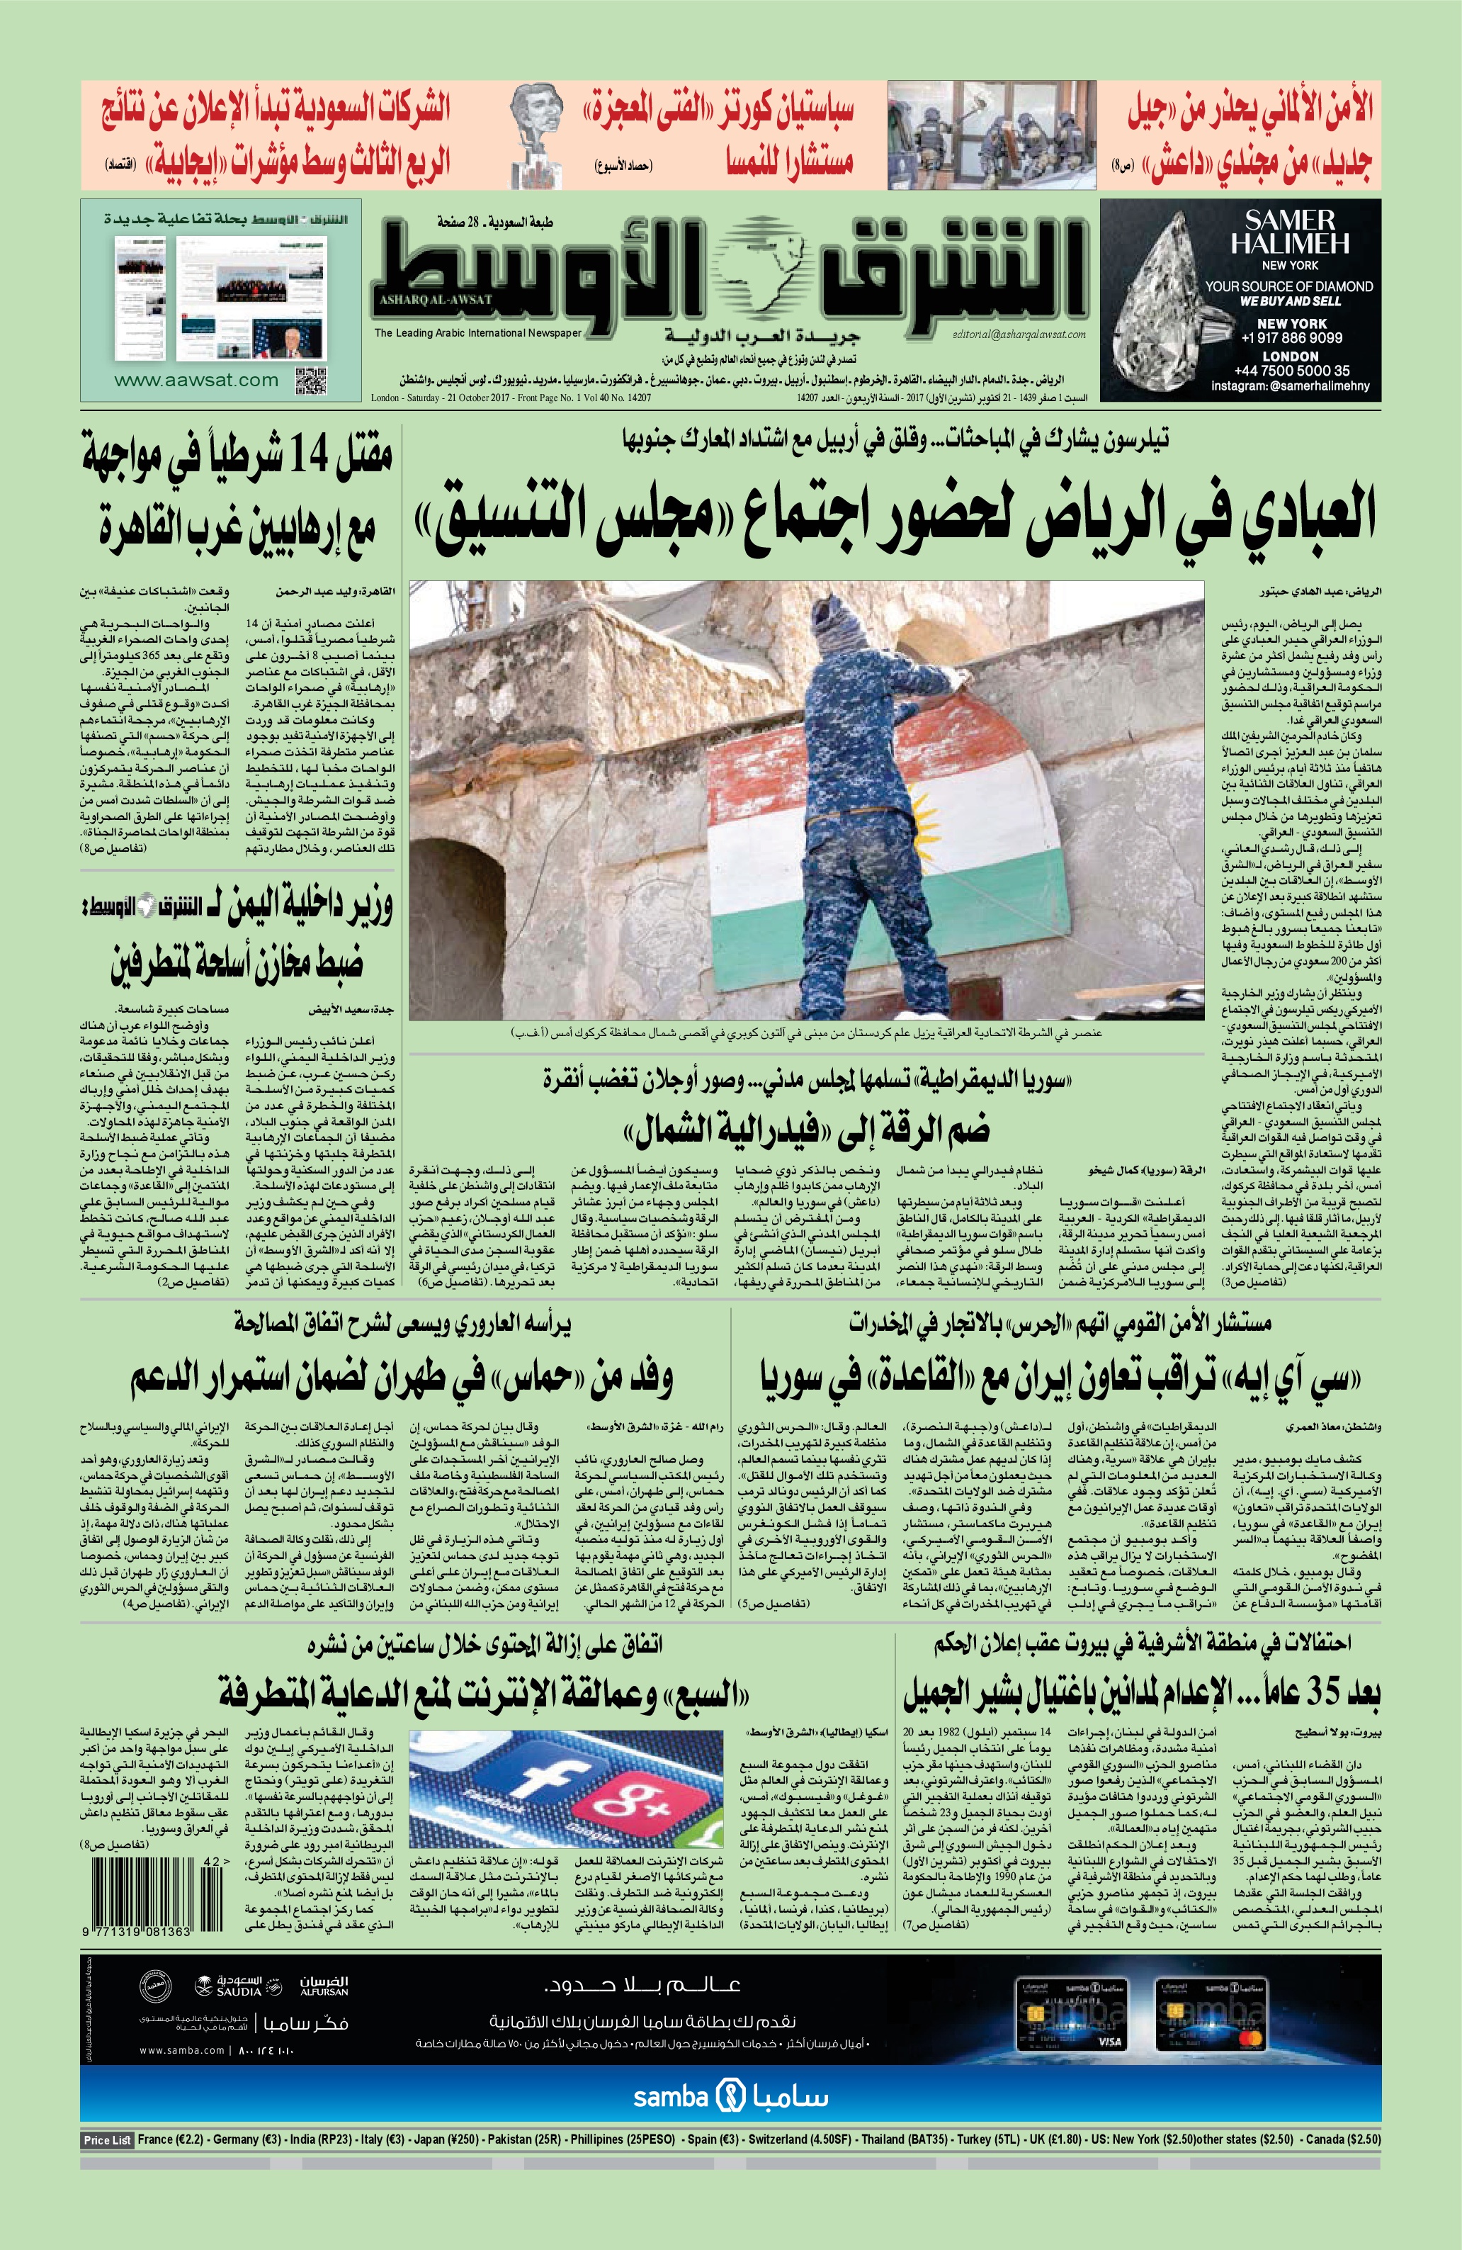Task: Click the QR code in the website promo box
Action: click(311, 379)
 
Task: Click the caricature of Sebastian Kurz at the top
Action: click(534, 133)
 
